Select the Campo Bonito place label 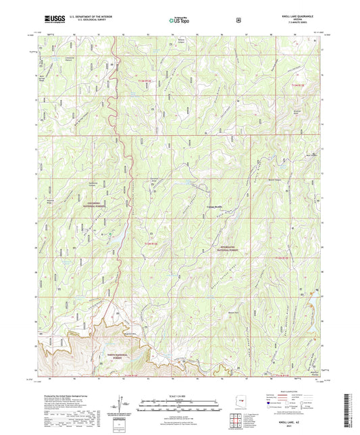205,205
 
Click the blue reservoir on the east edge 311,294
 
